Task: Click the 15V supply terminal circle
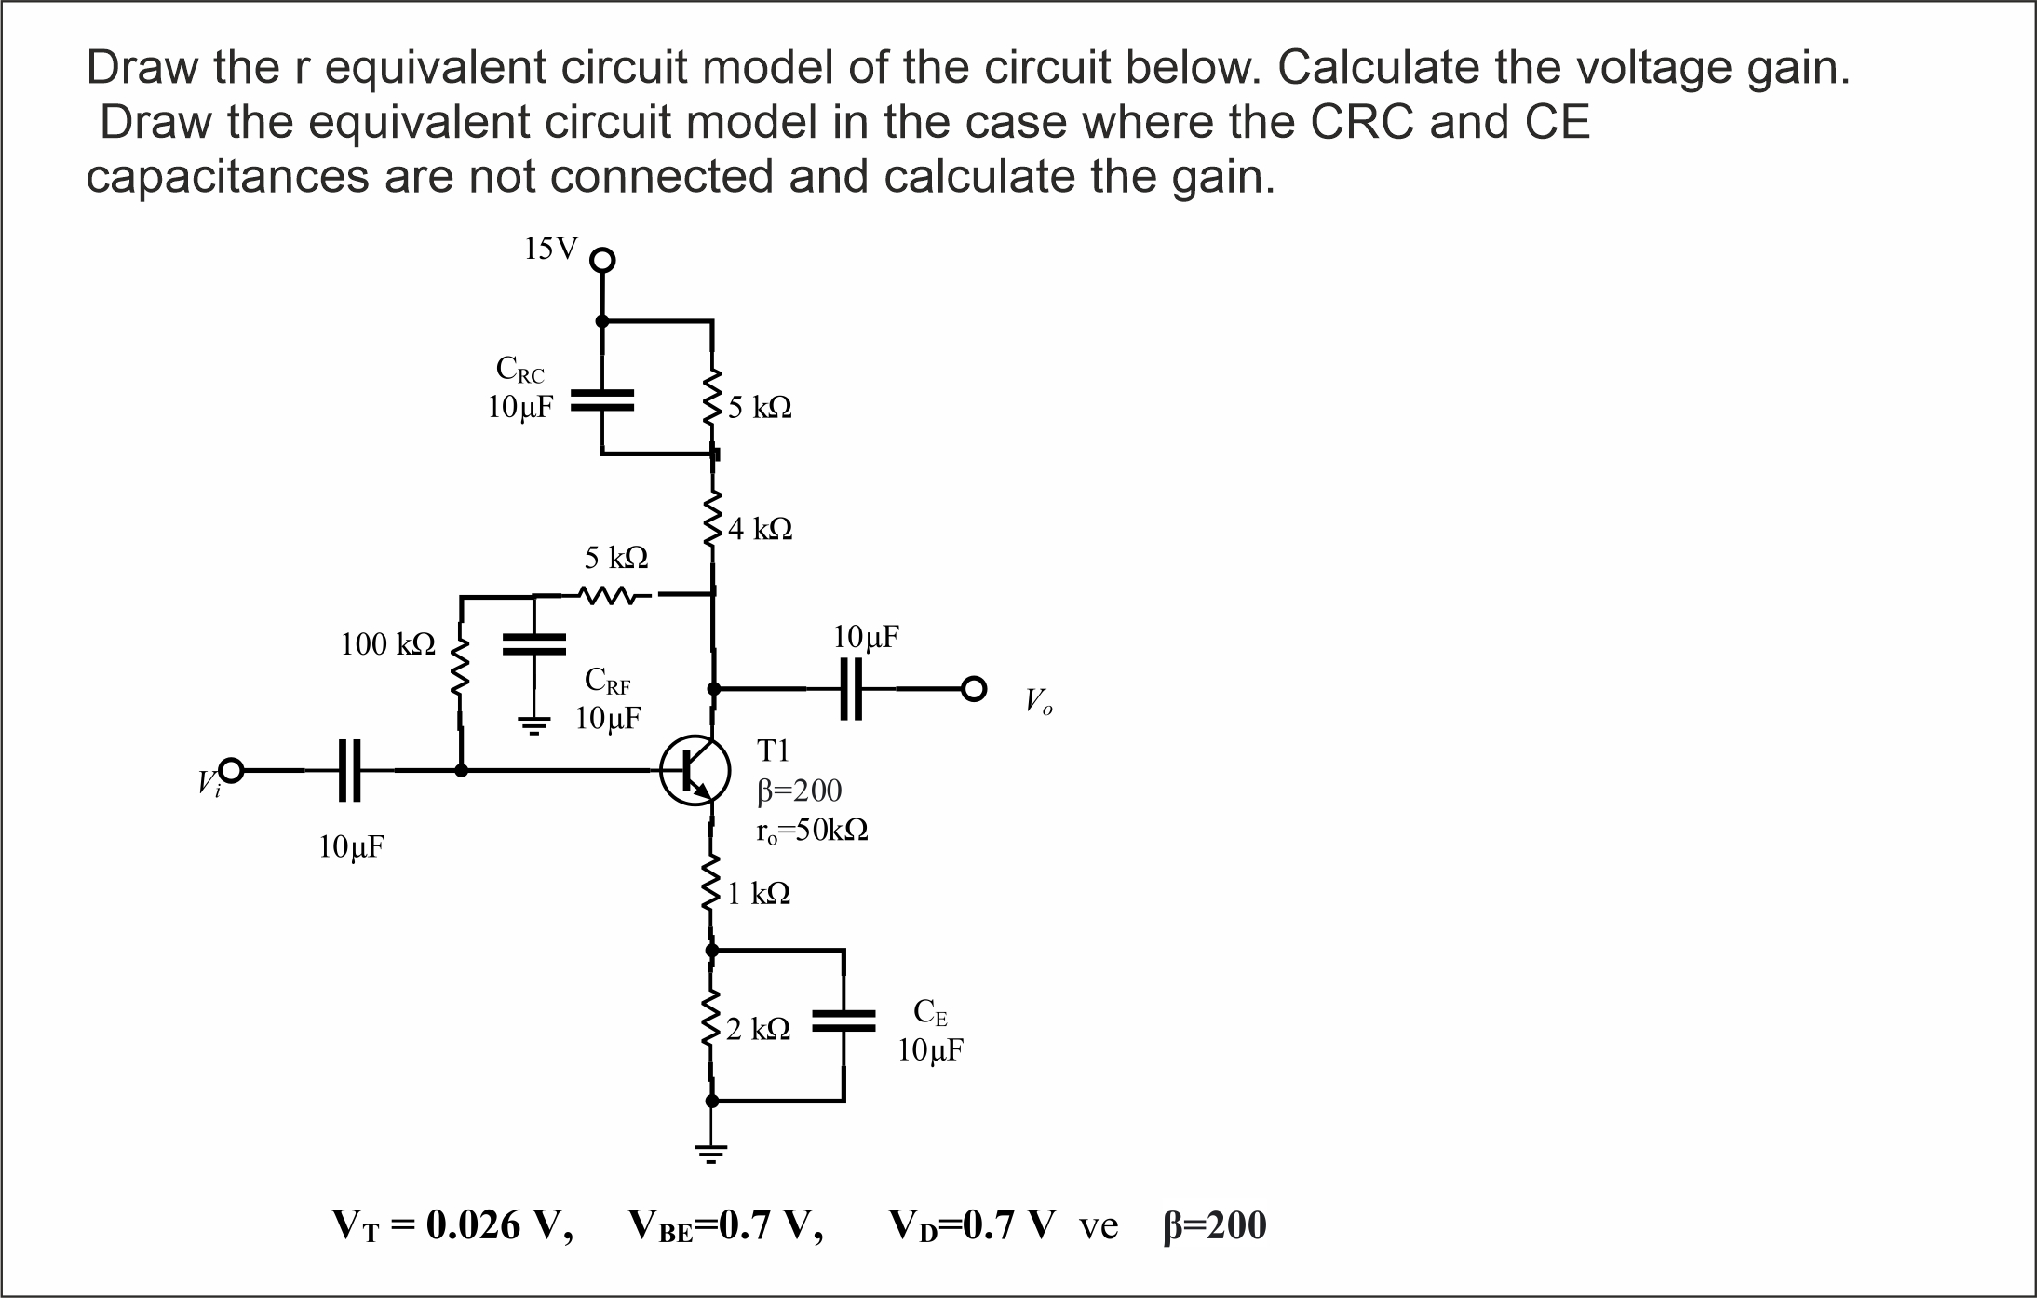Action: click(603, 260)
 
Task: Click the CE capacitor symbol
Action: click(843, 1021)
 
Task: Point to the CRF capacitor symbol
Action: click(533, 644)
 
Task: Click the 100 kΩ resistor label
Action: click(387, 644)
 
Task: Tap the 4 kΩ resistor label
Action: click(761, 530)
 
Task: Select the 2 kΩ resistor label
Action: click(759, 1030)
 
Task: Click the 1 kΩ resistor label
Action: click(759, 895)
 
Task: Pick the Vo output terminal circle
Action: click(973, 689)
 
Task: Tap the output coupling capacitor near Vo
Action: click(851, 689)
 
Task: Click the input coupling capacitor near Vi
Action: click(348, 771)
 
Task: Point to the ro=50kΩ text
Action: click(813, 831)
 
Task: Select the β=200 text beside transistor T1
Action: click(800, 791)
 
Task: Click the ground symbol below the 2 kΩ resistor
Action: click(711, 1156)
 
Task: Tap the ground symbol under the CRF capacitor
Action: click(533, 726)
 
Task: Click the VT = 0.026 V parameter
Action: click(452, 1226)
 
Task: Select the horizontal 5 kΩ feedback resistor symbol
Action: click(608, 594)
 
